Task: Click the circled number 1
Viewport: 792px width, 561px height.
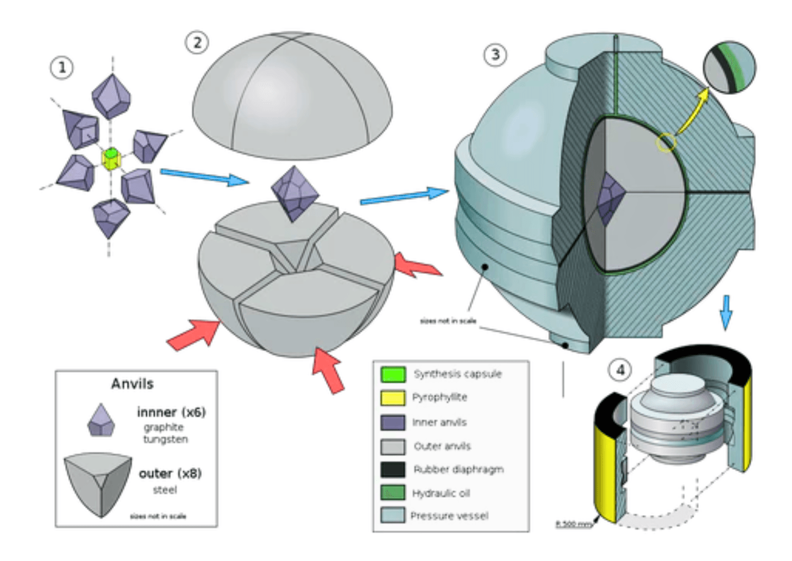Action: coord(62,68)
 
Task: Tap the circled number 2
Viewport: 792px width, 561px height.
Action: coord(197,42)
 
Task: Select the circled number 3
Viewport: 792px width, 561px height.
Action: coord(495,54)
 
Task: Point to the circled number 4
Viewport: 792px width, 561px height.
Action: coord(620,369)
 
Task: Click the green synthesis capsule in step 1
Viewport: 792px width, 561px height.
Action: coord(110,154)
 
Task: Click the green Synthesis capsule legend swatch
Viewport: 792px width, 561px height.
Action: coord(393,374)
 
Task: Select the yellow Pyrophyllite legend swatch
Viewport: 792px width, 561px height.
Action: coord(393,397)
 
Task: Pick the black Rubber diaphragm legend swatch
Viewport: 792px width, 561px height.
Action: coord(393,469)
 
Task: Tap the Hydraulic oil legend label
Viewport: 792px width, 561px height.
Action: coord(441,493)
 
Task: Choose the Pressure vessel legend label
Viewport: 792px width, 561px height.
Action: coord(449,516)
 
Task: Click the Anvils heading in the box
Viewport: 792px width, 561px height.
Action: coord(132,384)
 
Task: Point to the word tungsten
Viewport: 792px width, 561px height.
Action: coord(165,439)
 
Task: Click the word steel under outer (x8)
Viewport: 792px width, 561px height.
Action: coord(165,490)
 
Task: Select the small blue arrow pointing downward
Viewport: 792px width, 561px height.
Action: coord(727,312)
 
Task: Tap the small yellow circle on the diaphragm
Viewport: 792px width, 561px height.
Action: coord(666,142)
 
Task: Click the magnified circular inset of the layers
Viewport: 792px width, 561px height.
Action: coord(730,68)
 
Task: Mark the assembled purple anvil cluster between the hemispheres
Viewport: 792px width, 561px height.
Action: coord(295,193)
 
